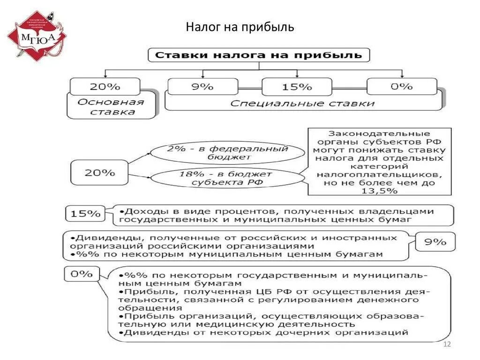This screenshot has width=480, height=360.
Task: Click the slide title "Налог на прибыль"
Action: pos(240,27)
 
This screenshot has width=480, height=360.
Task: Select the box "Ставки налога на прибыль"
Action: pos(259,55)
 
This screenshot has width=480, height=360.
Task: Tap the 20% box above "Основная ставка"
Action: pos(105,87)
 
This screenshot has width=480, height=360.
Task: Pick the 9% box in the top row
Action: pos(202,87)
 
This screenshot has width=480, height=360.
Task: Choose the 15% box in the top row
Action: pos(297,87)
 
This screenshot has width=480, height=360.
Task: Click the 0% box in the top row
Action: pos(402,87)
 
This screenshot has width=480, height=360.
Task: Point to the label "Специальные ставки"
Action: pos(302,104)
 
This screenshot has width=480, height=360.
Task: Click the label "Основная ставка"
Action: pos(111,107)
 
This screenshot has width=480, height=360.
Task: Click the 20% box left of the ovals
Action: pos(99,172)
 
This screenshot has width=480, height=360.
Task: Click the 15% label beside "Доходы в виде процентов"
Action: pos(85,214)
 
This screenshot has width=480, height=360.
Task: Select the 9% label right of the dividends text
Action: pos(435,242)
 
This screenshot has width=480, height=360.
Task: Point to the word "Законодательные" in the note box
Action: pos(379,134)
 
